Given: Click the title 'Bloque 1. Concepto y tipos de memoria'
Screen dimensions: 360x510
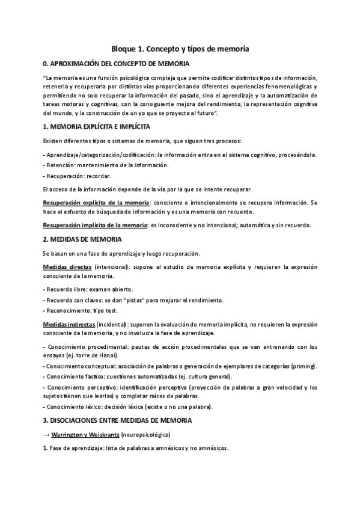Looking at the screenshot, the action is [180, 48].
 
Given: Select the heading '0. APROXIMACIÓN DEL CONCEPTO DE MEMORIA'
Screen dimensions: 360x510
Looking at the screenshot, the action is [116, 63].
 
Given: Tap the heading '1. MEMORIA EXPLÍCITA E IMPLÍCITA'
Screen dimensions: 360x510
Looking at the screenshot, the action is [96, 127].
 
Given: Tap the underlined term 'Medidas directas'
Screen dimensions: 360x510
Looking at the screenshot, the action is [67, 266].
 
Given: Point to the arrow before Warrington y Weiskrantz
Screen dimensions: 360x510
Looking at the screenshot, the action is [47, 434].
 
